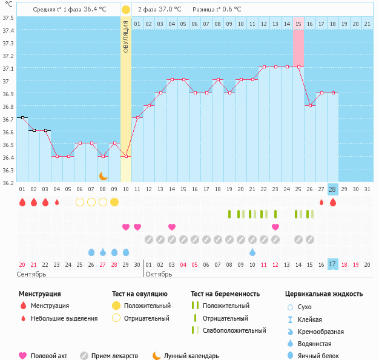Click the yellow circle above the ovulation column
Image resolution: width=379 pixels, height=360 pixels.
(x=125, y=10)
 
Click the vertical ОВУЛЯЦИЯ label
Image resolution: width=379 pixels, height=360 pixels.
(x=125, y=36)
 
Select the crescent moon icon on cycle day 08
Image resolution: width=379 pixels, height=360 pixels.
(x=103, y=175)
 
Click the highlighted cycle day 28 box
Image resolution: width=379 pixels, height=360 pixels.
(x=332, y=189)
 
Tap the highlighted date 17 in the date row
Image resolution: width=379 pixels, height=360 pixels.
(x=332, y=264)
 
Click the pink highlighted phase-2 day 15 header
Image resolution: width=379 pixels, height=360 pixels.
(x=298, y=24)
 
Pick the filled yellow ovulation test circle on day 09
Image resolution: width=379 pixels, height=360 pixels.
(x=114, y=201)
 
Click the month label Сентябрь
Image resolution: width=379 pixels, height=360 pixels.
(x=32, y=274)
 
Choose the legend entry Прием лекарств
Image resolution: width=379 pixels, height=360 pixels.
(x=114, y=356)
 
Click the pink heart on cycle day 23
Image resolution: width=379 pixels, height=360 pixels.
(x=275, y=227)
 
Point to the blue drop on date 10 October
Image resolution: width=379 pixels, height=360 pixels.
(x=252, y=252)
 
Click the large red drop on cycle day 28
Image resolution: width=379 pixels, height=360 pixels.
(x=332, y=202)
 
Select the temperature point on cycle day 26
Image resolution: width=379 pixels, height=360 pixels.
(x=310, y=105)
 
